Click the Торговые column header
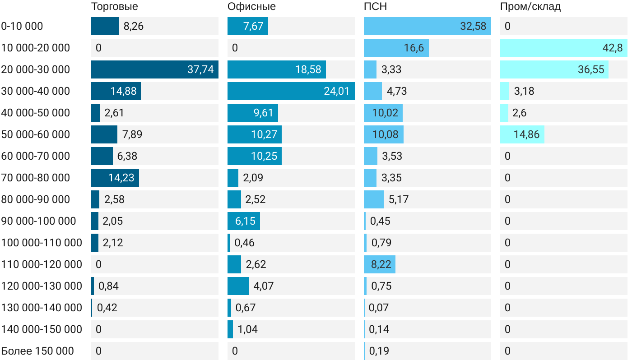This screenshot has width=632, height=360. pos(115,7)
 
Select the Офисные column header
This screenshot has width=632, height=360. pos(251,7)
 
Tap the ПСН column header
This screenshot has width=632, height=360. pos(375,7)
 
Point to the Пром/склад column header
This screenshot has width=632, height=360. pos(530,7)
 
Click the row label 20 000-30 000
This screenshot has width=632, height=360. pos(36,69)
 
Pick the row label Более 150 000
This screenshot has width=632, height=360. pos(37,351)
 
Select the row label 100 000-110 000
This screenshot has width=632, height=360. pos(42,243)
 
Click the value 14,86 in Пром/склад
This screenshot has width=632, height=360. pos(526,134)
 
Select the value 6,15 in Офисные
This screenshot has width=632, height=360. pos(245,221)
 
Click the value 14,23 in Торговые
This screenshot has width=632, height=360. pos(121,178)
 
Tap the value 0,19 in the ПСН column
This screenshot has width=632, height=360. pos(379,351)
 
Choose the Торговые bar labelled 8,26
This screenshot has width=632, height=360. pos(105,26)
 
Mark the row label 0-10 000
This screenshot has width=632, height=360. pos(22,26)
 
